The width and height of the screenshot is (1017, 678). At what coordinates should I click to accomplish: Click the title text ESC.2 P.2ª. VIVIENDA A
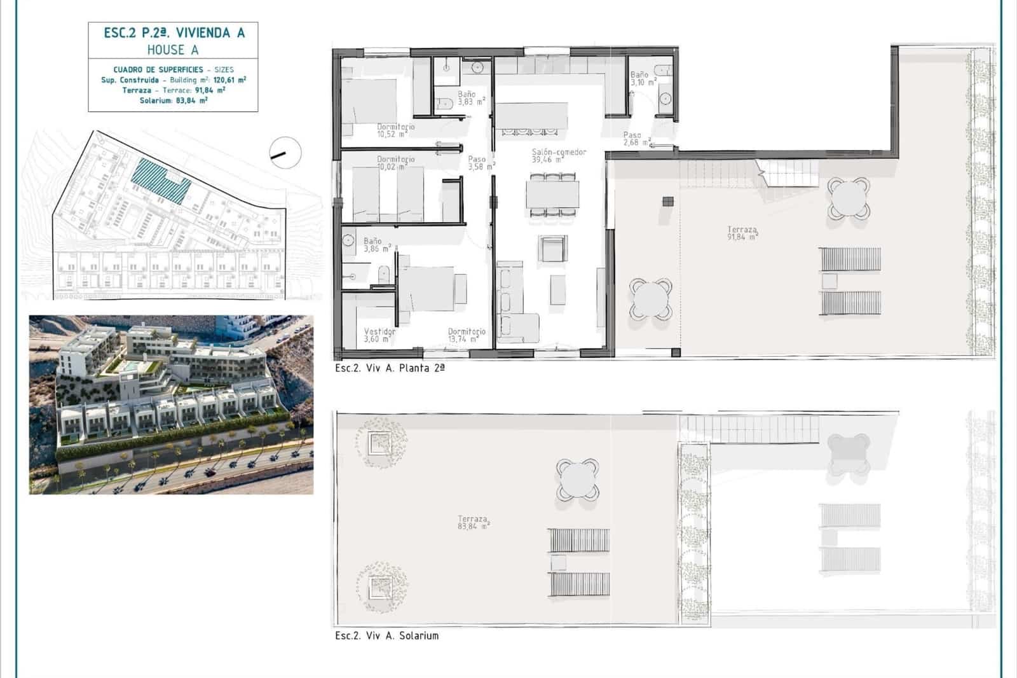tap(174, 33)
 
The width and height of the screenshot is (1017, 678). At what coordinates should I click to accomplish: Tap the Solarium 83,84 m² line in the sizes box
tap(174, 100)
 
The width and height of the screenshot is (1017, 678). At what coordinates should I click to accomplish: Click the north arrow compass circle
tap(285, 152)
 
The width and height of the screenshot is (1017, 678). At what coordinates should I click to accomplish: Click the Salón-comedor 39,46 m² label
tap(559, 156)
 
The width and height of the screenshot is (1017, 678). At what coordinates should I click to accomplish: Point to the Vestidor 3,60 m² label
tap(379, 335)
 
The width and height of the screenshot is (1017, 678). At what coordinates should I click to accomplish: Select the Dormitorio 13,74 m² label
tap(467, 335)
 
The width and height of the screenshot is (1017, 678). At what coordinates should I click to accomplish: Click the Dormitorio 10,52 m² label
tap(395, 130)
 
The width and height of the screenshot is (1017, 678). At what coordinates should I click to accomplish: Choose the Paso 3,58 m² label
tap(480, 163)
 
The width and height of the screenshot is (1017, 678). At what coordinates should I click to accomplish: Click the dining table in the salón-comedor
tap(552, 195)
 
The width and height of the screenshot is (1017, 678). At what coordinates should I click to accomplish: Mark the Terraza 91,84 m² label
tap(742, 233)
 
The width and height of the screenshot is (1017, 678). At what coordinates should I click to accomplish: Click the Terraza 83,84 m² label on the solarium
tap(473, 523)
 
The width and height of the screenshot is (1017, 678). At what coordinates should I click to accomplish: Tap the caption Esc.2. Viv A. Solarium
tap(386, 635)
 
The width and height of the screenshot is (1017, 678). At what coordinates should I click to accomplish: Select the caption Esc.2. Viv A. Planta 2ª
tap(390, 368)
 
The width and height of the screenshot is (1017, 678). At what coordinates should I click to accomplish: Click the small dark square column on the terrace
tap(667, 202)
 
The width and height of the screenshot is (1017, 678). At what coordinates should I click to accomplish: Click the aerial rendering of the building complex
tap(171, 405)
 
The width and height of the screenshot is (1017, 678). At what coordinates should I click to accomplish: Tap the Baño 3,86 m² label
tap(376, 245)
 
